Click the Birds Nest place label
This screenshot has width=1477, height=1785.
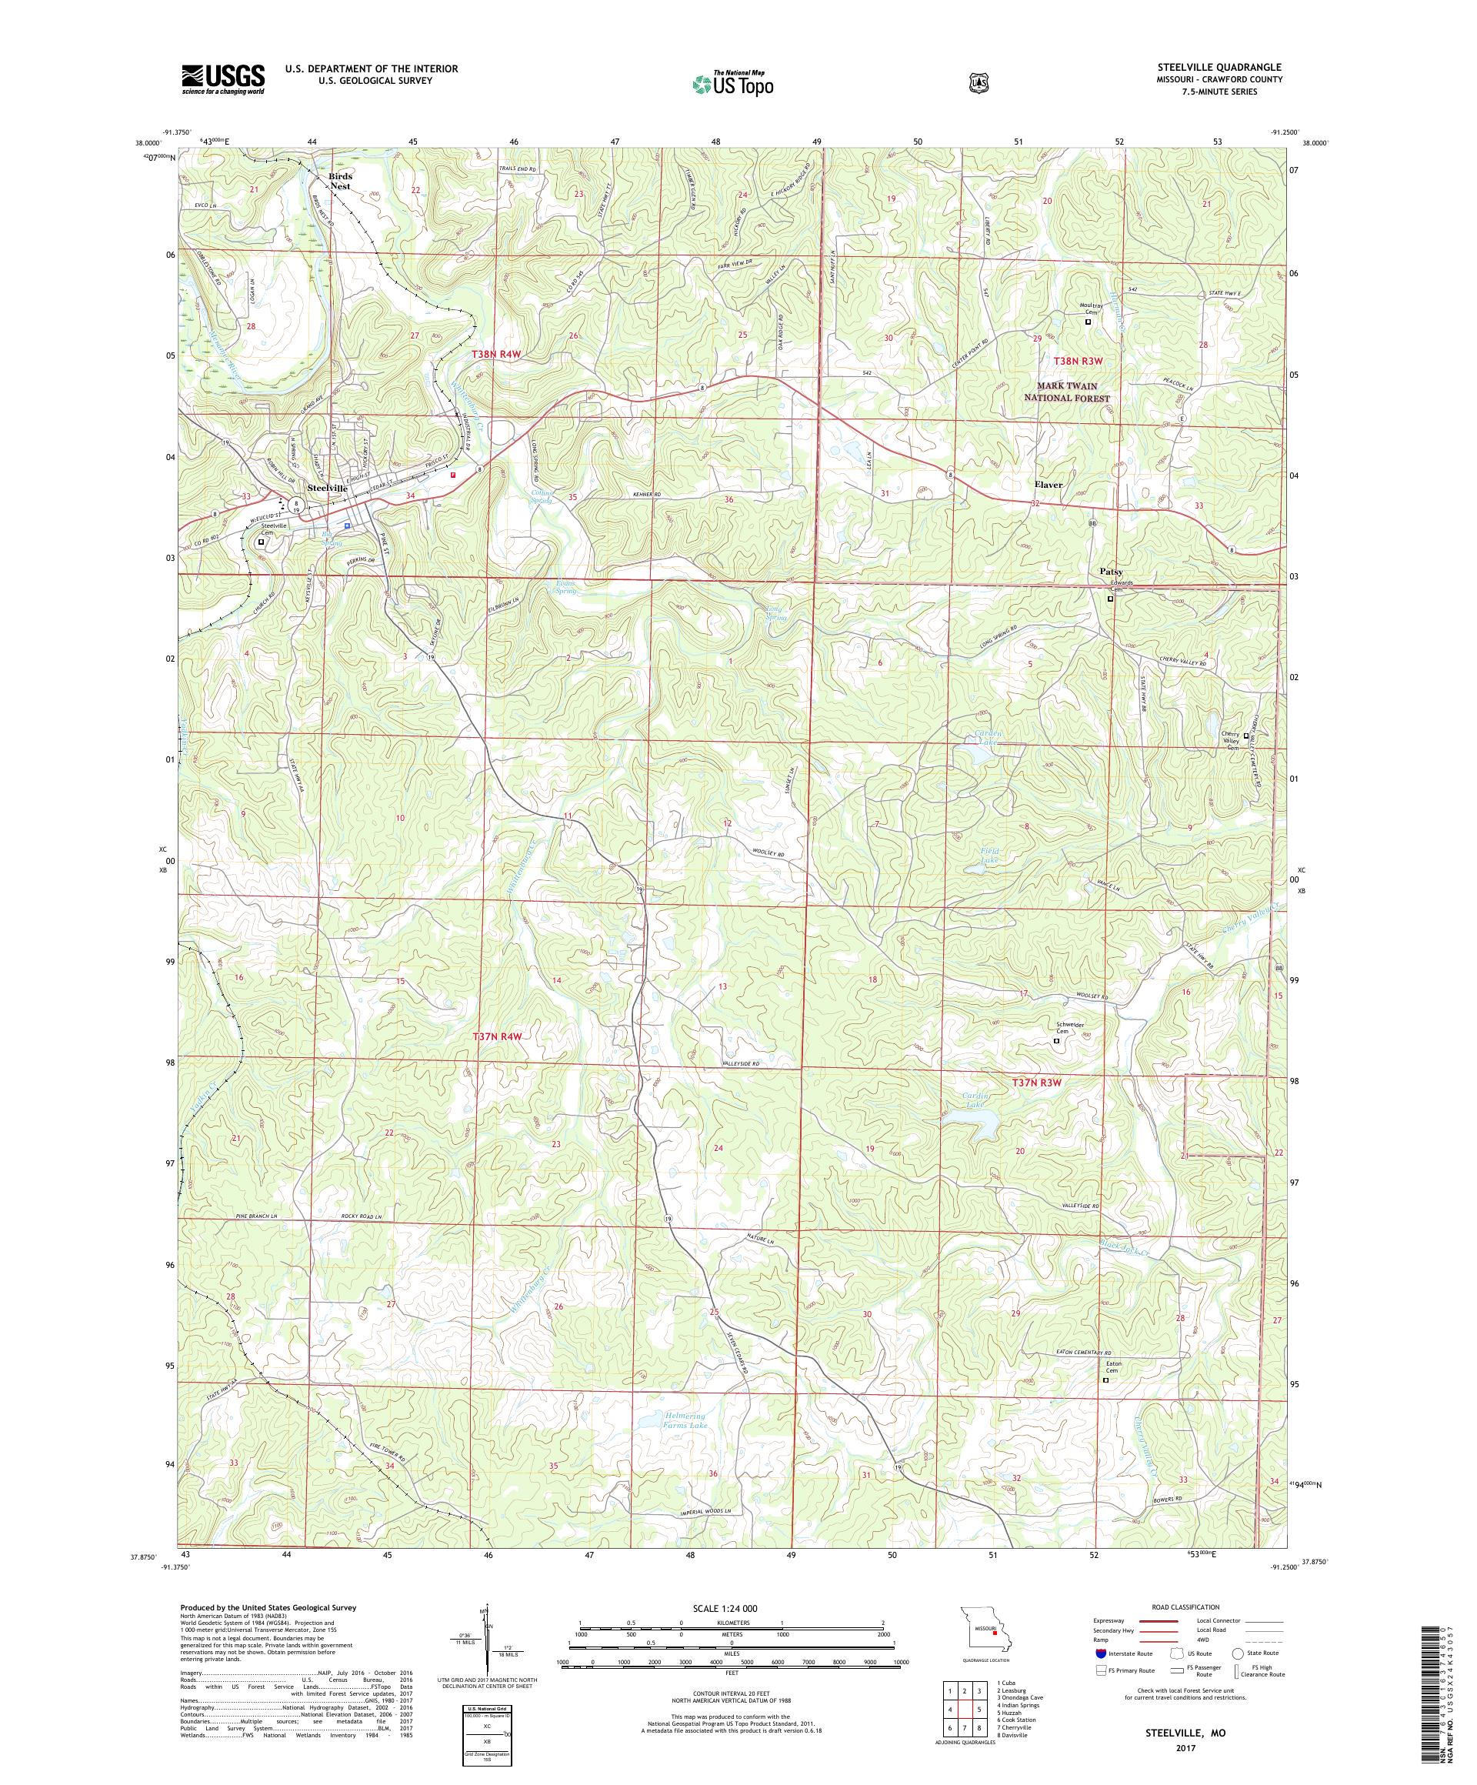340,180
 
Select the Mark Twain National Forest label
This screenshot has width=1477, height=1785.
1065,392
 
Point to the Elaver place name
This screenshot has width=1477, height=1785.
1048,485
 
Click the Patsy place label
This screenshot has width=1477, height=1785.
1110,572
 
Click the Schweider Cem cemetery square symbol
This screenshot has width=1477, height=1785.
1056,1040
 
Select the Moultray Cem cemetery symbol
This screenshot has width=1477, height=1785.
1088,322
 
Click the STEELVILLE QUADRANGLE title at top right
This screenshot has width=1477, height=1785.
1236,67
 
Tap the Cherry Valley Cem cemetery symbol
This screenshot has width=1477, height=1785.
1247,736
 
